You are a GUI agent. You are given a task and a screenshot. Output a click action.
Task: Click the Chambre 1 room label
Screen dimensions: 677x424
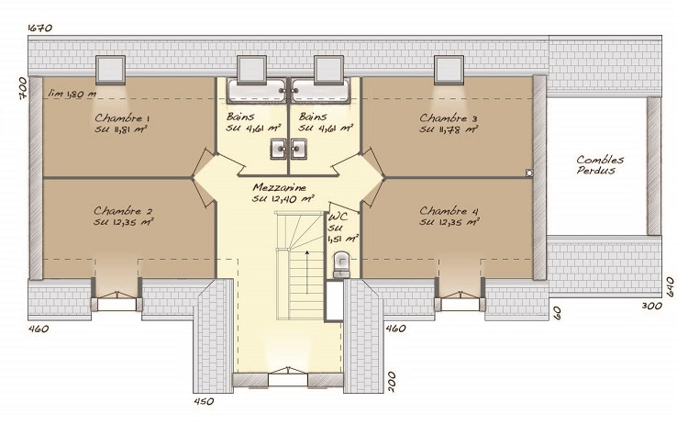point(122,117)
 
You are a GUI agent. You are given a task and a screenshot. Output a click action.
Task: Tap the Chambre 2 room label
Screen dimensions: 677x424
point(123,211)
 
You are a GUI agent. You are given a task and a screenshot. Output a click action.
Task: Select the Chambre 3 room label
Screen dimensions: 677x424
point(449,117)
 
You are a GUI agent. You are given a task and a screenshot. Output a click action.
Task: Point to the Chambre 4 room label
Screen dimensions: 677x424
point(449,211)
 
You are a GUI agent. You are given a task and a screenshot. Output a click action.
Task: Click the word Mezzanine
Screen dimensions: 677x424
point(280,187)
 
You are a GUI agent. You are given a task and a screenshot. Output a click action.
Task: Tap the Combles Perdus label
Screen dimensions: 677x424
point(600,165)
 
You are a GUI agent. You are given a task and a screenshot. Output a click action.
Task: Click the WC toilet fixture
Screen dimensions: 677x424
point(341,264)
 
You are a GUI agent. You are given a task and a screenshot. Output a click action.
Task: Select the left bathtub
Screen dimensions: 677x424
point(257,91)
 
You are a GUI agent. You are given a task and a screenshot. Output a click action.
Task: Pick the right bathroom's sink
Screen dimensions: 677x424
point(298,149)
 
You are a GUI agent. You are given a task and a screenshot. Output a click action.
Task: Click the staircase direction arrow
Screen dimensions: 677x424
point(307,272)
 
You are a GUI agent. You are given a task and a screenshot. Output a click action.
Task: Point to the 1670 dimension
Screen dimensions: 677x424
point(40,28)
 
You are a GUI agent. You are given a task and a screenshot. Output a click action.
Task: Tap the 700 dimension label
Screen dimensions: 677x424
point(23,88)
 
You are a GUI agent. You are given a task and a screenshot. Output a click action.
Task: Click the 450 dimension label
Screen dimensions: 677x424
point(204,401)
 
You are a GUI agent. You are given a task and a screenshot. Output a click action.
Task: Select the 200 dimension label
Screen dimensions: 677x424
point(391,381)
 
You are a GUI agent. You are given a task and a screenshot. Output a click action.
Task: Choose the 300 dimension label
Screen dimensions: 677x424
point(651,306)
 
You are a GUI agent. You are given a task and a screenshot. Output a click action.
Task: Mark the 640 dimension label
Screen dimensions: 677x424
point(670,286)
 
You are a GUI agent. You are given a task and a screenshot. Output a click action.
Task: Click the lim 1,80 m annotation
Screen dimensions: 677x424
point(72,94)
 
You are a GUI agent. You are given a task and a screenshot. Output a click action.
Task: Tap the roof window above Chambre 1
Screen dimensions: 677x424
point(111,69)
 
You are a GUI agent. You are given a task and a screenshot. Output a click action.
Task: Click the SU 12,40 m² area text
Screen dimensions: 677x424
point(283,198)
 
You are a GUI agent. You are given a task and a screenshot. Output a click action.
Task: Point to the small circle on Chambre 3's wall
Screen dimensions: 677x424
point(529,173)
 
